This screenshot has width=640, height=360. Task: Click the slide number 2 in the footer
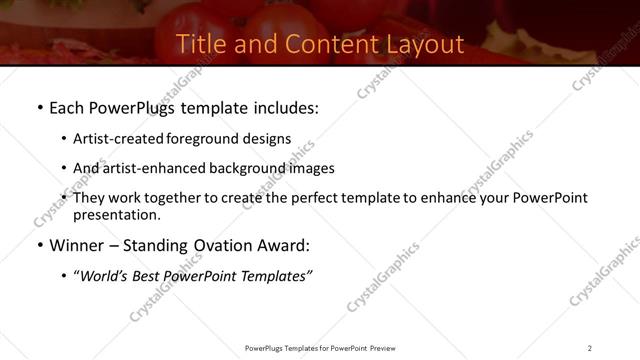pyautogui.click(x=590, y=347)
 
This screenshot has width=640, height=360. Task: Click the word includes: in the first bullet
pyautogui.click(x=282, y=107)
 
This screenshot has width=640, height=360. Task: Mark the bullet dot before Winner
pyautogui.click(x=39, y=246)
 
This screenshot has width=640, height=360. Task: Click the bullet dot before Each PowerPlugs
pyautogui.click(x=39, y=107)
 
